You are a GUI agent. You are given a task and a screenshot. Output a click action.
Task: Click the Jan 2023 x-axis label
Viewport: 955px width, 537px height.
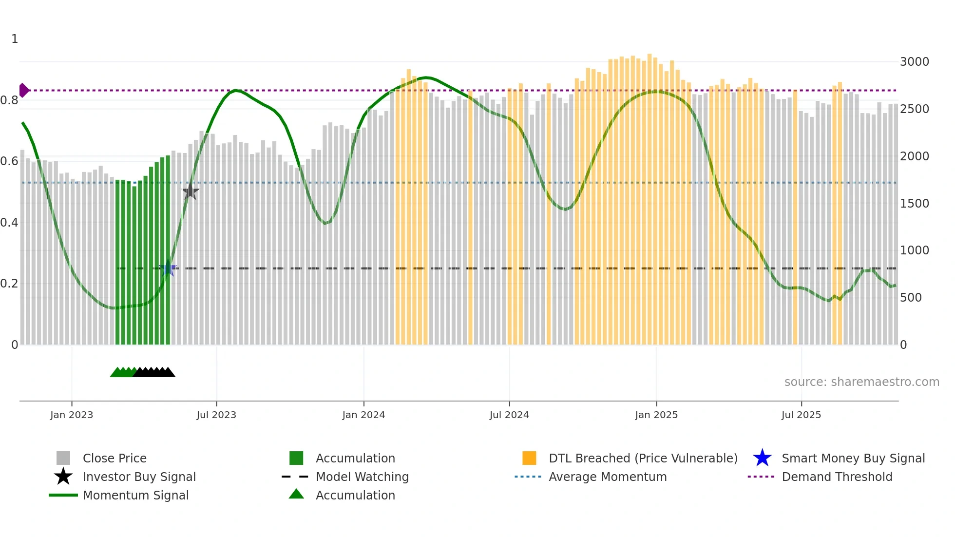(72, 415)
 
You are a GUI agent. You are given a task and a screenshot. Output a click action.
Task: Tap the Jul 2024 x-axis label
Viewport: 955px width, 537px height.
(509, 415)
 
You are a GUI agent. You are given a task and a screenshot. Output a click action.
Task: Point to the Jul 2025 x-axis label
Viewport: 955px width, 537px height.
(801, 415)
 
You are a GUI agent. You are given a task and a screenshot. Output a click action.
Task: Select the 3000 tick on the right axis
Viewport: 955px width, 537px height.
(914, 62)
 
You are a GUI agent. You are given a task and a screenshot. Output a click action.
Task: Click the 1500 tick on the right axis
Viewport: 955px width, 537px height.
(914, 203)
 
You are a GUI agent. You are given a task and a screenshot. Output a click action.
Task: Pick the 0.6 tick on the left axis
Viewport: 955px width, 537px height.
(9, 161)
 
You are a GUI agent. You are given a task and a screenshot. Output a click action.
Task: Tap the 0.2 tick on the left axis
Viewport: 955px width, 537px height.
(9, 284)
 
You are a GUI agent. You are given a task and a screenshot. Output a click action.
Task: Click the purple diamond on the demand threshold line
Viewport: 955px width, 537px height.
(23, 90)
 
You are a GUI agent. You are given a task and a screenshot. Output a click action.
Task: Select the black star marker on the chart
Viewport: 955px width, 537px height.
(190, 192)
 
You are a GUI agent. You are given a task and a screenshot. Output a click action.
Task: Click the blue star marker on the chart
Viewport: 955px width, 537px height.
(168, 268)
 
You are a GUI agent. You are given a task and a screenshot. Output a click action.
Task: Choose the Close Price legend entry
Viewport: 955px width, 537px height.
(115, 458)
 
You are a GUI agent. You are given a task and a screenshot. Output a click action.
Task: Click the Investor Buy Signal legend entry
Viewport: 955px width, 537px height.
(139, 477)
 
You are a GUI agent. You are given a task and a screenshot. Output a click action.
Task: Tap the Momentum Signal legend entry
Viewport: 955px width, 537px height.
(135, 495)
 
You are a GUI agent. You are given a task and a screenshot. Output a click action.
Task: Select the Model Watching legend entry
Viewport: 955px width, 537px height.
(362, 477)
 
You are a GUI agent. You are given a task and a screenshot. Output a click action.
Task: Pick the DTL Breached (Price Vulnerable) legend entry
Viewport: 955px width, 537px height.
(643, 458)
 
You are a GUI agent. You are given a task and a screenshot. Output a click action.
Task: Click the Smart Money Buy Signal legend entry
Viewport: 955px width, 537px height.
(853, 458)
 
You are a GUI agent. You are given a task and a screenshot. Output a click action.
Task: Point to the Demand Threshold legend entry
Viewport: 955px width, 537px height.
(837, 477)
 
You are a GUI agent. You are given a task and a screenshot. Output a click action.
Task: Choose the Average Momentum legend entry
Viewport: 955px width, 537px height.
(608, 477)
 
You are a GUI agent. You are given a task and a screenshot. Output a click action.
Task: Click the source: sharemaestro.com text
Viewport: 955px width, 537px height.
(861, 382)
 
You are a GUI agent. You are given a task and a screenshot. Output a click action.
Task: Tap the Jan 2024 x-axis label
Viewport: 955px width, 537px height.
(363, 415)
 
